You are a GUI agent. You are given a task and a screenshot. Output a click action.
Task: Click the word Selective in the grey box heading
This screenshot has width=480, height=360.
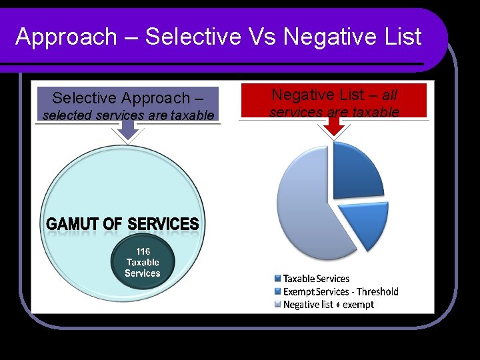(84, 98)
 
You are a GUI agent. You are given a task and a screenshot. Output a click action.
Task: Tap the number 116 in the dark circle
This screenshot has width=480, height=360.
(143, 251)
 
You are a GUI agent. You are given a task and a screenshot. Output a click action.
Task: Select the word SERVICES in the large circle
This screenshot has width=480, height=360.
(163, 224)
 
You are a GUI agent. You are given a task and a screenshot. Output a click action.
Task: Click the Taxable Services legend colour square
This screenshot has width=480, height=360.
(277, 279)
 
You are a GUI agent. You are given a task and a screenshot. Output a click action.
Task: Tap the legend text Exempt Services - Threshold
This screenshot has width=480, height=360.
(341, 291)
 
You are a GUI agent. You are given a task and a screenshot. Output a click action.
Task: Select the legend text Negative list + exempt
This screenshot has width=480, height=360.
(328, 305)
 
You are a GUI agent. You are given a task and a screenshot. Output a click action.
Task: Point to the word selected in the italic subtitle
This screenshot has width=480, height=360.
(68, 115)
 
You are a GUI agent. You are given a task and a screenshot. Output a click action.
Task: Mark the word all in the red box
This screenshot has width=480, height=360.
(389, 95)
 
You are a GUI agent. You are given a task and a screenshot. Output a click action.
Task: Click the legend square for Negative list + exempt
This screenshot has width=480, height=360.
(277, 305)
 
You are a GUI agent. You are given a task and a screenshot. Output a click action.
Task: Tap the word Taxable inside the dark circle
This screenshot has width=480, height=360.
(143, 262)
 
